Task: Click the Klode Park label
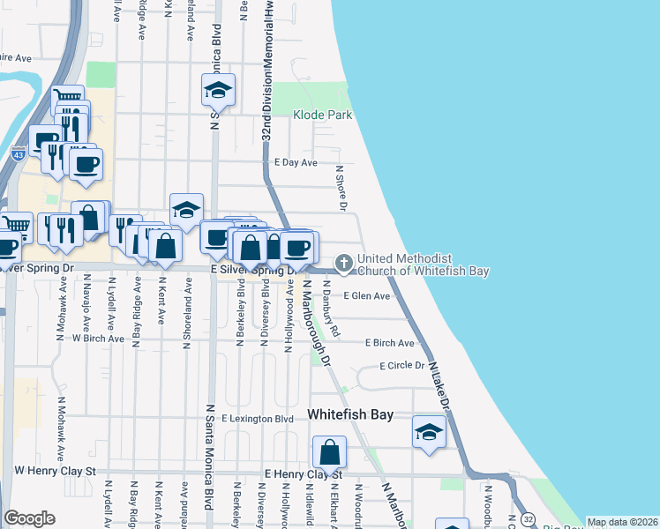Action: pyautogui.click(x=323, y=115)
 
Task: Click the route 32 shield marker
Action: pyautogui.click(x=527, y=518)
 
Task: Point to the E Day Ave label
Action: pyautogui.click(x=296, y=163)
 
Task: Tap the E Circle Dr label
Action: pyautogui.click(x=402, y=365)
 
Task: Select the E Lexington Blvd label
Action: pyautogui.click(x=258, y=419)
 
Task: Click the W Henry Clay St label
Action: pyautogui.click(x=54, y=472)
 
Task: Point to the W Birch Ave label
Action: pyautogui.click(x=98, y=338)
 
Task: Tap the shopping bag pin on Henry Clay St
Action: pyautogui.click(x=329, y=453)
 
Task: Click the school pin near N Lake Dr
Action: pyautogui.click(x=429, y=433)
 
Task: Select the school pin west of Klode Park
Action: pyautogui.click(x=218, y=89)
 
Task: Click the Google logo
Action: pyautogui.click(x=29, y=518)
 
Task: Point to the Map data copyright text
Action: pyautogui.click(x=622, y=522)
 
